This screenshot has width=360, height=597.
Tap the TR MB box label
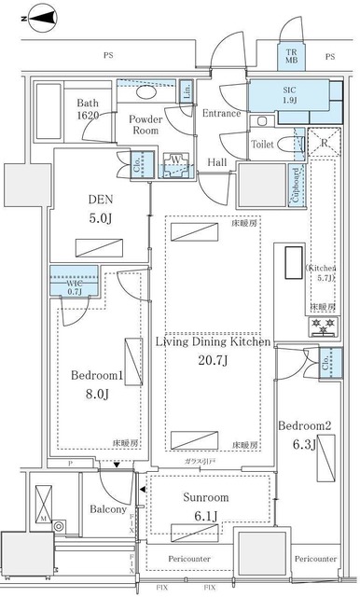click(x=293, y=57)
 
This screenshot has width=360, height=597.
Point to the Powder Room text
click(x=145, y=125)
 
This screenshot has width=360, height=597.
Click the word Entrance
click(x=221, y=114)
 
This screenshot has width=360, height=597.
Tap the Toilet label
click(x=263, y=145)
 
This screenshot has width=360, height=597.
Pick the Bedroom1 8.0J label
click(x=97, y=386)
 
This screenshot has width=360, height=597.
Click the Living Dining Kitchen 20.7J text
click(x=213, y=352)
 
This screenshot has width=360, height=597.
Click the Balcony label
click(x=109, y=510)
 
